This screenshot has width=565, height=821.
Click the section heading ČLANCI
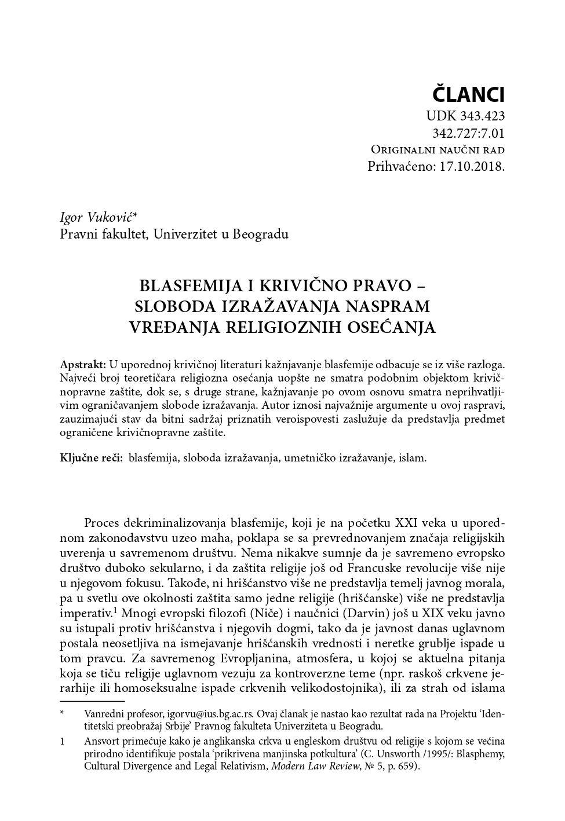coord(469,94)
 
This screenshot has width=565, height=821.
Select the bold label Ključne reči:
coord(91,457)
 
